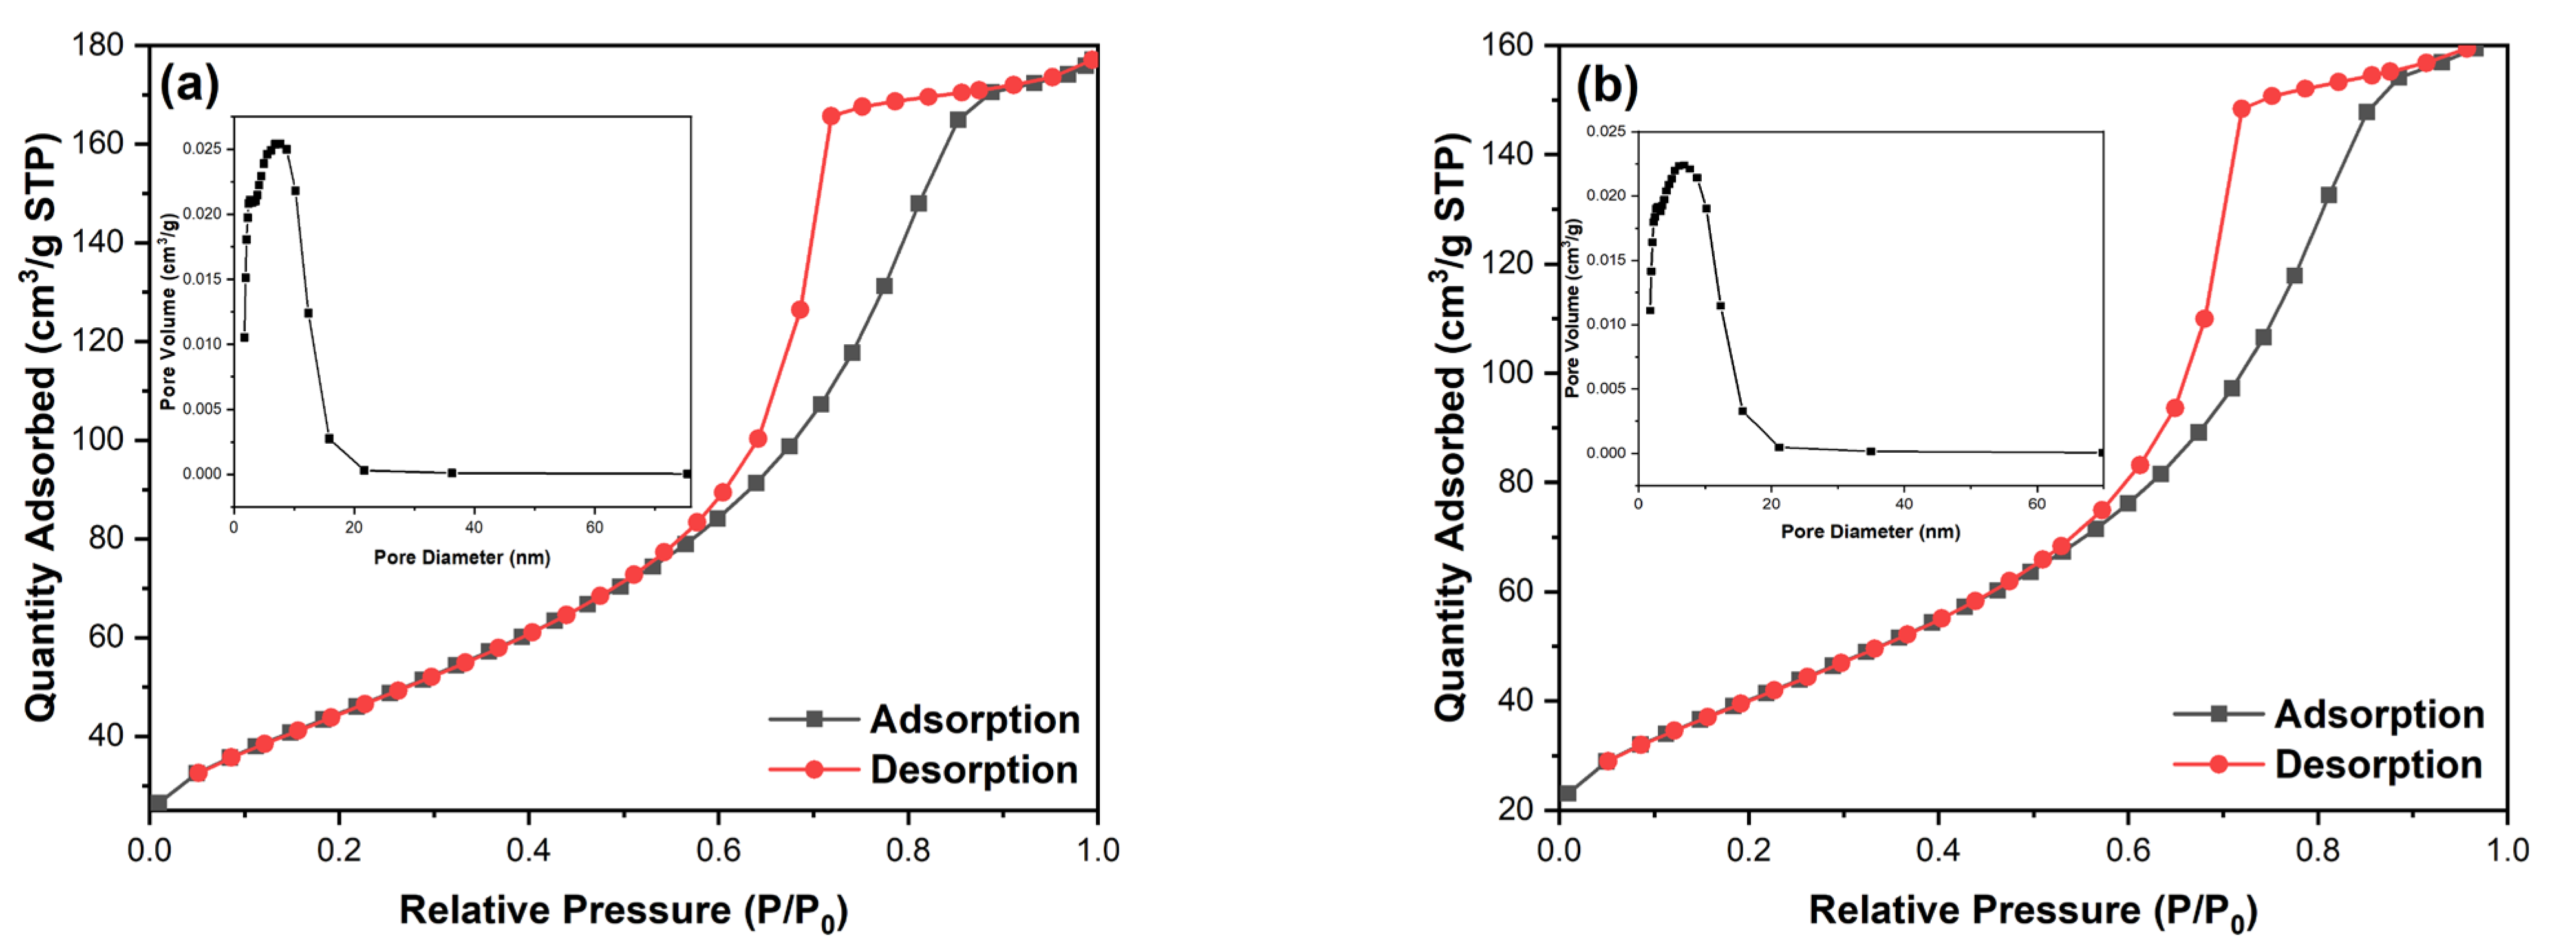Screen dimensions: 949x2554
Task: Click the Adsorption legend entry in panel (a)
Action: pyautogui.click(x=974, y=719)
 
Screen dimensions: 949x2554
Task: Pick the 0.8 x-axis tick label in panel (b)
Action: pyautogui.click(x=2317, y=850)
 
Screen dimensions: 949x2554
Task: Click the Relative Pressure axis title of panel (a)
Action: pyautogui.click(x=623, y=910)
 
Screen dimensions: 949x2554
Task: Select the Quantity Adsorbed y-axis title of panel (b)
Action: pyautogui.click(x=1450, y=426)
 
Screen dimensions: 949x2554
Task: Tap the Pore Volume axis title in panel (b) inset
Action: pyautogui.click(x=1571, y=307)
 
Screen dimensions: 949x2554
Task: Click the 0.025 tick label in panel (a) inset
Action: pyautogui.click(x=202, y=149)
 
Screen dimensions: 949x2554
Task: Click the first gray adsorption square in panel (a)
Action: pyautogui.click(x=158, y=802)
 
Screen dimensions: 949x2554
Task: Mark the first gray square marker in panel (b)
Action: pyautogui.click(x=1567, y=793)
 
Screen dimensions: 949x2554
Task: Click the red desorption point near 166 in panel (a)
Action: pyautogui.click(x=831, y=116)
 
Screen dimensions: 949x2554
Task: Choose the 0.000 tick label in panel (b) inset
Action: pyautogui.click(x=1606, y=453)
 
